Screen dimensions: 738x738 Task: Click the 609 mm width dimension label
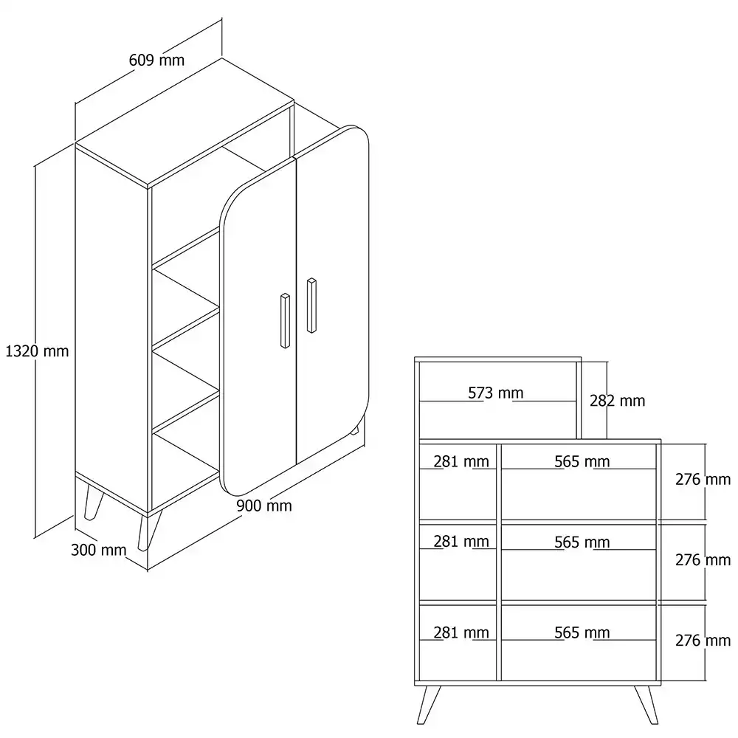[156, 61]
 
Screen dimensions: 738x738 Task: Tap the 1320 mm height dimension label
[37, 351]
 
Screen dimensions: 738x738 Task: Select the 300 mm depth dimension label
[98, 550]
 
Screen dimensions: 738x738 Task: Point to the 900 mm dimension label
[264, 506]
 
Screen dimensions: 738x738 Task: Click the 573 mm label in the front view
[496, 393]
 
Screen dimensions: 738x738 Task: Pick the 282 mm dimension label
[618, 401]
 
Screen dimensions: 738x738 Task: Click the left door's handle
[285, 321]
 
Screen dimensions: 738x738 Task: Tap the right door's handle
[311, 306]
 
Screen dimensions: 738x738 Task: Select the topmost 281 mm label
[461, 461]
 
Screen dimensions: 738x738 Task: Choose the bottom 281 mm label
[461, 632]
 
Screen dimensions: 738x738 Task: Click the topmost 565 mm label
[582, 461]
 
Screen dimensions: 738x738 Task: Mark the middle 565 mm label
[582, 542]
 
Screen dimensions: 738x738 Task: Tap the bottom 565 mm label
[582, 632]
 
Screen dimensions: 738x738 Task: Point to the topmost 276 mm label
[703, 479]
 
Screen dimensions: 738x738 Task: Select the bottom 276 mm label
[703, 640]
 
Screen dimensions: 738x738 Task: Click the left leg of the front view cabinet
[429, 705]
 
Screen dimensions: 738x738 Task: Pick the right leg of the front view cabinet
[646, 705]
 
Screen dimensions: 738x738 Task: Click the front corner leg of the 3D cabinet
[149, 531]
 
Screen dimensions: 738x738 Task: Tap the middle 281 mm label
[461, 542]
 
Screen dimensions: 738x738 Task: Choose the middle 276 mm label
[703, 559]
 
